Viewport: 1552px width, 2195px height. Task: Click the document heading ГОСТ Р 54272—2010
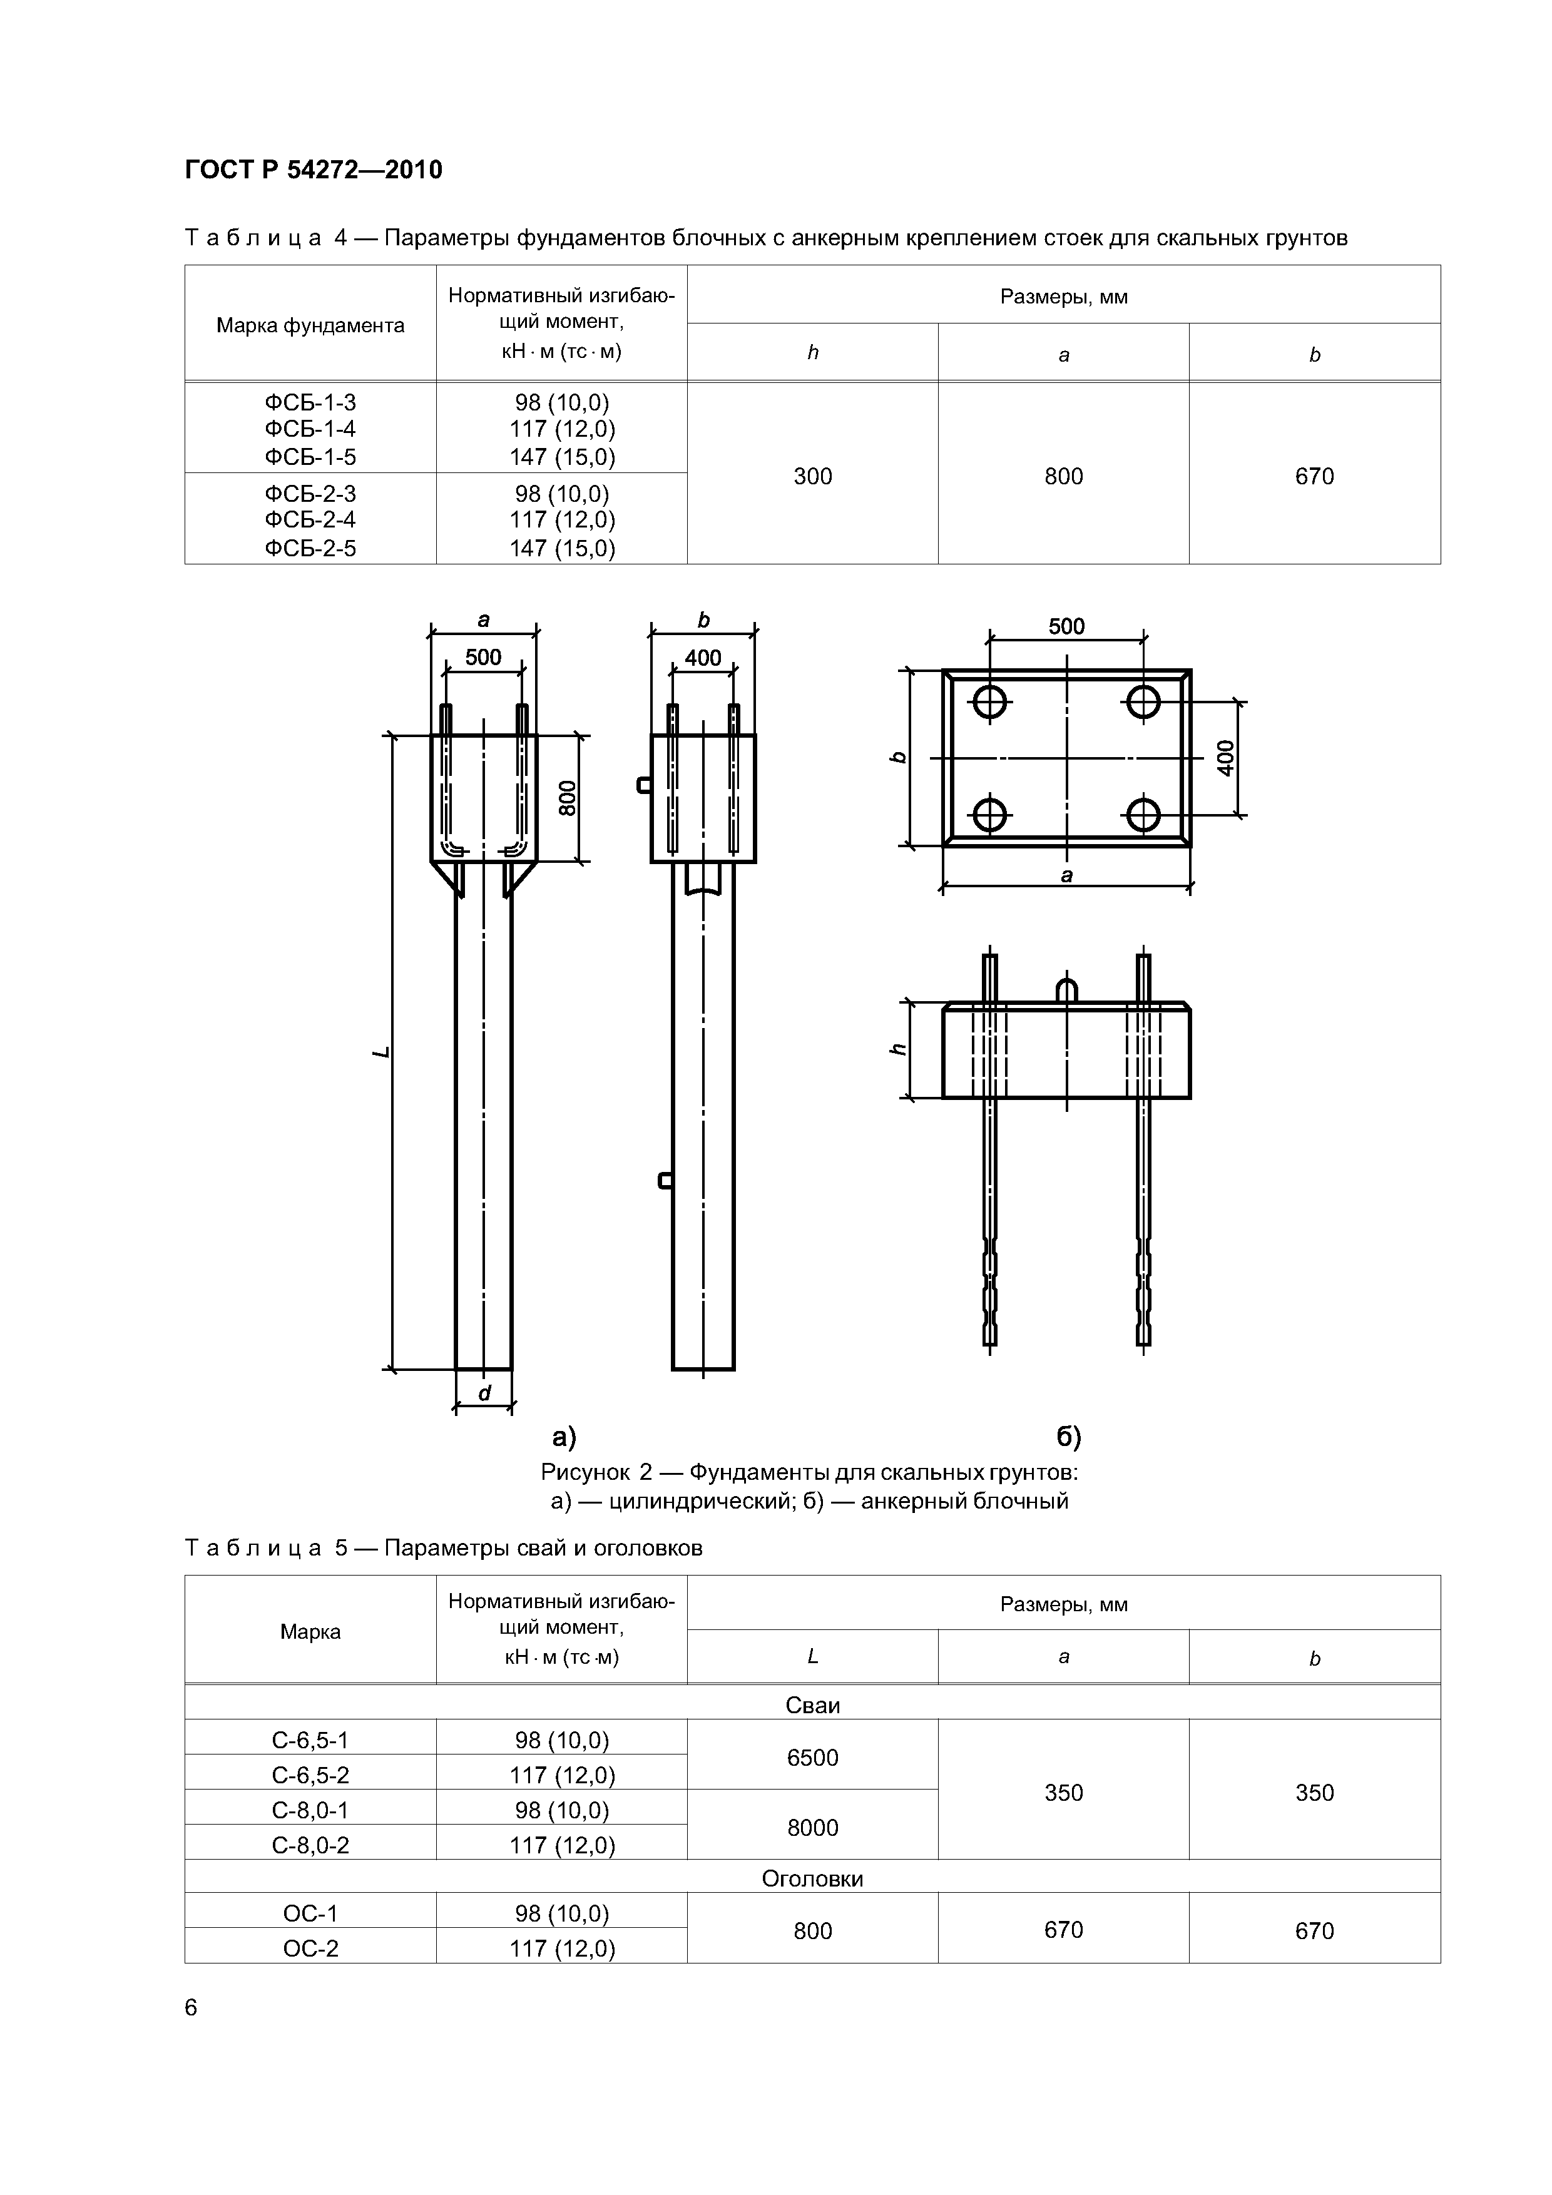[x=313, y=170]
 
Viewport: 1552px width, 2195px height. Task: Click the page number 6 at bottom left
[x=191, y=2008]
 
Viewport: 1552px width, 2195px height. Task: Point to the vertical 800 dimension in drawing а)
[x=568, y=798]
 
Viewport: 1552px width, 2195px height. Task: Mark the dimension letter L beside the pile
[x=382, y=1052]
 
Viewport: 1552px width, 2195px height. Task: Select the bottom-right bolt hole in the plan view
[x=1143, y=815]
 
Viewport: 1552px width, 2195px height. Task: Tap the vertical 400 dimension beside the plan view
[x=1226, y=758]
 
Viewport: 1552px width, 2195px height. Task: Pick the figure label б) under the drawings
[x=1068, y=1437]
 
